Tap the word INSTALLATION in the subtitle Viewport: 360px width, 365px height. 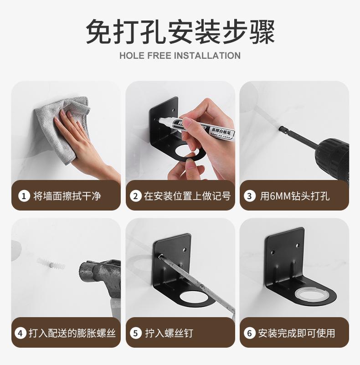pos(207,56)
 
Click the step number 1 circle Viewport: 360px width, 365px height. pos(24,196)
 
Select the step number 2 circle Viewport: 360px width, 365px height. pos(135,196)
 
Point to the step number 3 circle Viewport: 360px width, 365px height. pos(249,196)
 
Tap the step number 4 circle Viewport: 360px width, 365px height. pos(21,333)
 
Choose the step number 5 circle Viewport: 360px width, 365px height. pos(135,333)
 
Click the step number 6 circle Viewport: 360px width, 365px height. pos(249,333)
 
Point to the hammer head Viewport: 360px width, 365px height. pos(100,277)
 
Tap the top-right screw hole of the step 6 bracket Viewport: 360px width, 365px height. pos(298,245)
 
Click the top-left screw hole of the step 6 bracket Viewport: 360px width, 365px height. pos(272,252)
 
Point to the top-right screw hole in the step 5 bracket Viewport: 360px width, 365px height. pos(184,250)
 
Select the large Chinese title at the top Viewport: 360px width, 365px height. pos(180,31)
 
